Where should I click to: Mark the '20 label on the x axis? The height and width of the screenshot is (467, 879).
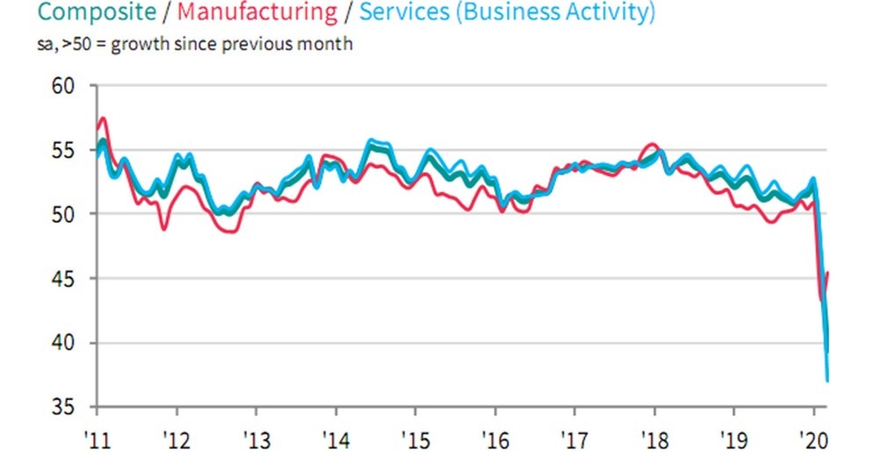tap(813, 436)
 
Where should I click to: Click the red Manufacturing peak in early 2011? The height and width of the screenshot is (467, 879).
tap(104, 118)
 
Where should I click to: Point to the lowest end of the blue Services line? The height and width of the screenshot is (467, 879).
tap(827, 380)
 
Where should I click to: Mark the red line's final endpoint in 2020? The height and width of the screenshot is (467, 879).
tap(829, 274)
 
